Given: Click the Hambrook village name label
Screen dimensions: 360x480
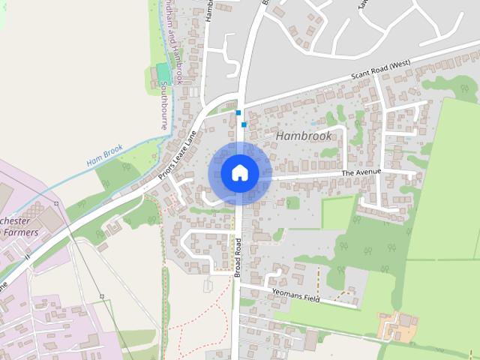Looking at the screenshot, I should coord(304,136).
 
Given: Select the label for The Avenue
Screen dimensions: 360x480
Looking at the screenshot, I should coord(361,172).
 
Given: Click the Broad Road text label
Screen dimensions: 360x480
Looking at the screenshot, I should coord(237,257).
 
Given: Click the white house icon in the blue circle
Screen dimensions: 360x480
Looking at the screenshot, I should coord(239,173).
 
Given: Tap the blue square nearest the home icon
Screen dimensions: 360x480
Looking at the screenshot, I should coord(244,124).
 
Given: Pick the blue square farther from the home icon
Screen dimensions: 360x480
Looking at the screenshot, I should coord(238,112).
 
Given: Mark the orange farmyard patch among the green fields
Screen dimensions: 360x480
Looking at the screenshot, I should coord(398,325).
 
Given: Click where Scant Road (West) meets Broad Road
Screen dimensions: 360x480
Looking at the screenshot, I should coord(241,102).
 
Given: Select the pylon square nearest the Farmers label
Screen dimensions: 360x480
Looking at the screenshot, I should coord(56,203).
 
